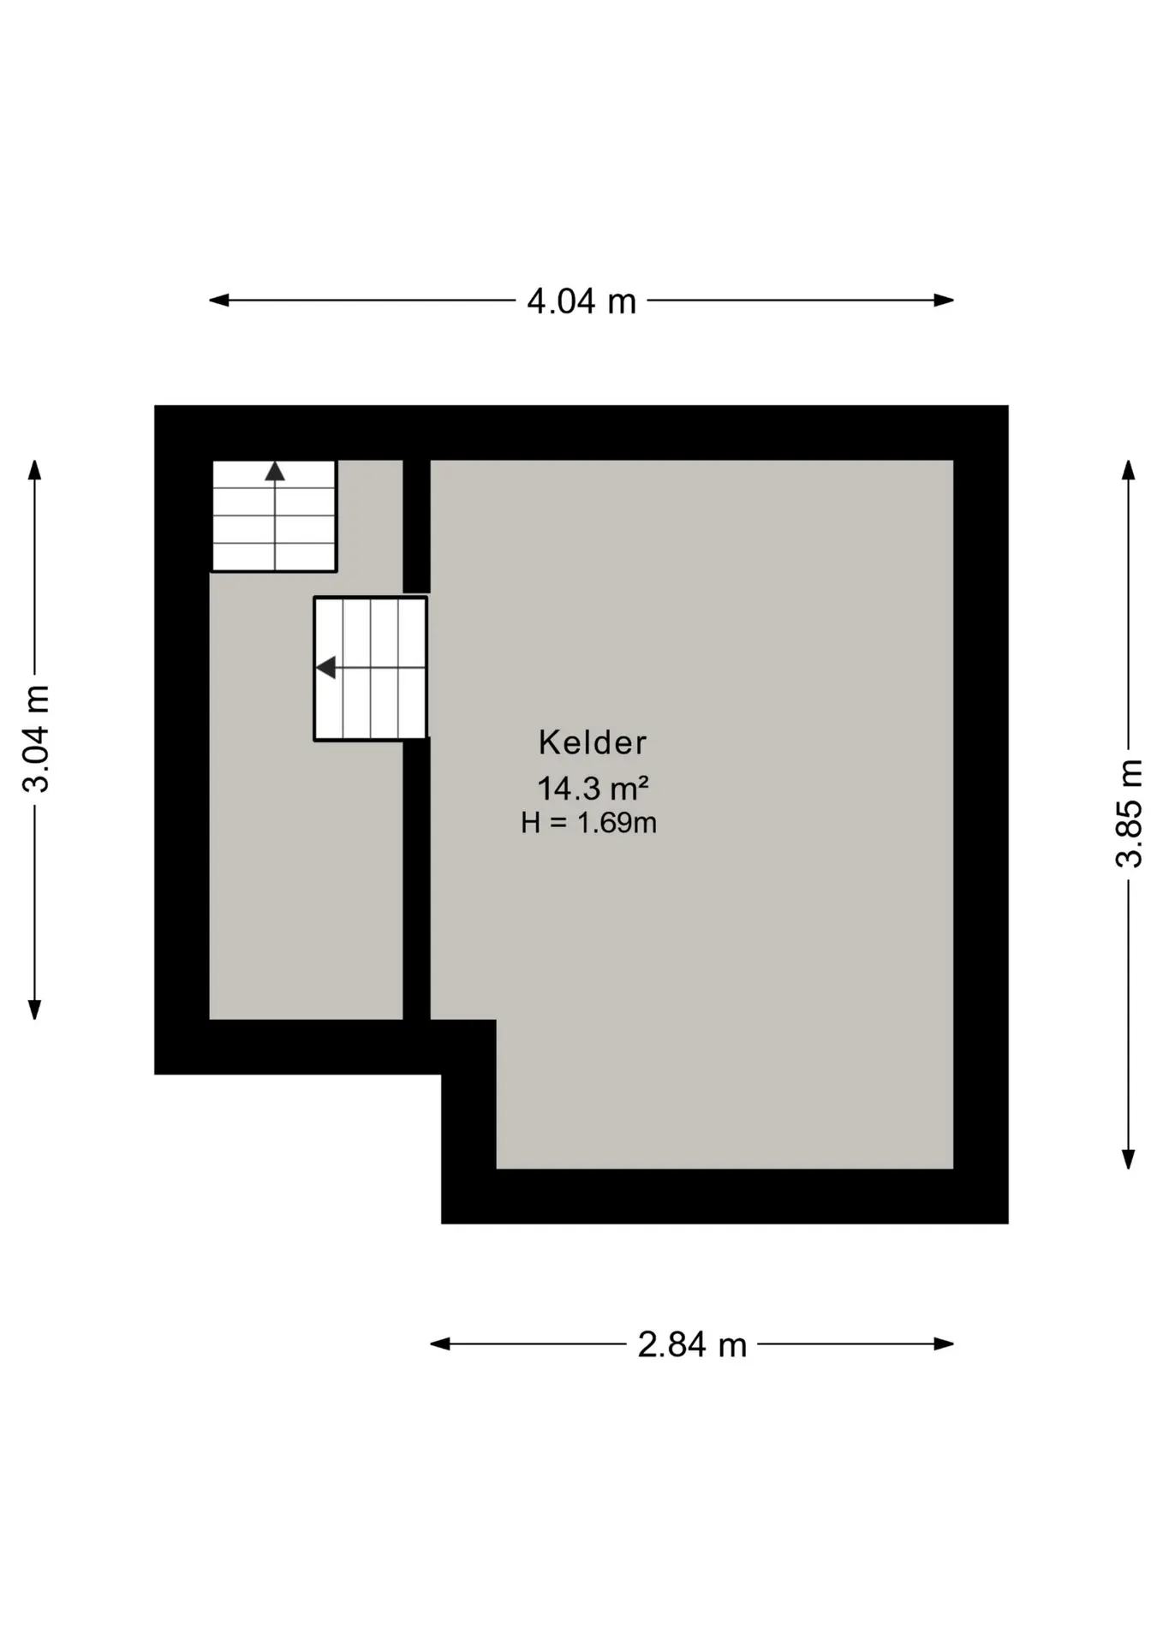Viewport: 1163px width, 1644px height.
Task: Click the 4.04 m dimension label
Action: (x=581, y=301)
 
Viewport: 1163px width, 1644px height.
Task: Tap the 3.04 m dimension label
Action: (x=37, y=739)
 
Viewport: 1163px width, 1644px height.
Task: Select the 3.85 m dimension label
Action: (x=1129, y=813)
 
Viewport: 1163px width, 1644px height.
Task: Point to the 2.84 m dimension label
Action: (x=692, y=1344)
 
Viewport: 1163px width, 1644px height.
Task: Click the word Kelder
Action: (x=593, y=742)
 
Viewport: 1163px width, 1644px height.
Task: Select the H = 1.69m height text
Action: (x=589, y=823)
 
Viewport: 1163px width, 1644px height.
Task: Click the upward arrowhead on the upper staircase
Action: (x=275, y=471)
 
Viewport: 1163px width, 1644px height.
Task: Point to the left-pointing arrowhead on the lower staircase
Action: (x=325, y=667)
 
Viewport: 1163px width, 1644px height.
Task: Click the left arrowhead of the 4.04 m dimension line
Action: (x=219, y=301)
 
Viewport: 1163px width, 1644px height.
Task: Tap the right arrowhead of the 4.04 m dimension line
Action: (x=944, y=301)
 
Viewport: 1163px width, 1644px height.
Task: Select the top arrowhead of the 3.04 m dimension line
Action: (x=34, y=470)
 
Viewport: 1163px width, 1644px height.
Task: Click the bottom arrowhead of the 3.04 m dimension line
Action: (x=34, y=1010)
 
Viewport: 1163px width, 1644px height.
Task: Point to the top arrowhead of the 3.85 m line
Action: (x=1129, y=470)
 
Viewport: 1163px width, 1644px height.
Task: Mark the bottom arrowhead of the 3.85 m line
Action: (x=1129, y=1159)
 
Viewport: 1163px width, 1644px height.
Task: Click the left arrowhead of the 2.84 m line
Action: (x=440, y=1344)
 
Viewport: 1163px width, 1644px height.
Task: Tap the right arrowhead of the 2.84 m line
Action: (x=944, y=1344)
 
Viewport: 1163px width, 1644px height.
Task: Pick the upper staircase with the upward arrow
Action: (x=274, y=515)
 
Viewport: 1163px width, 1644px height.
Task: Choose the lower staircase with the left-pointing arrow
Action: (x=370, y=668)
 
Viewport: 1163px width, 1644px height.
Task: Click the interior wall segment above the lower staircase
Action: (x=416, y=525)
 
